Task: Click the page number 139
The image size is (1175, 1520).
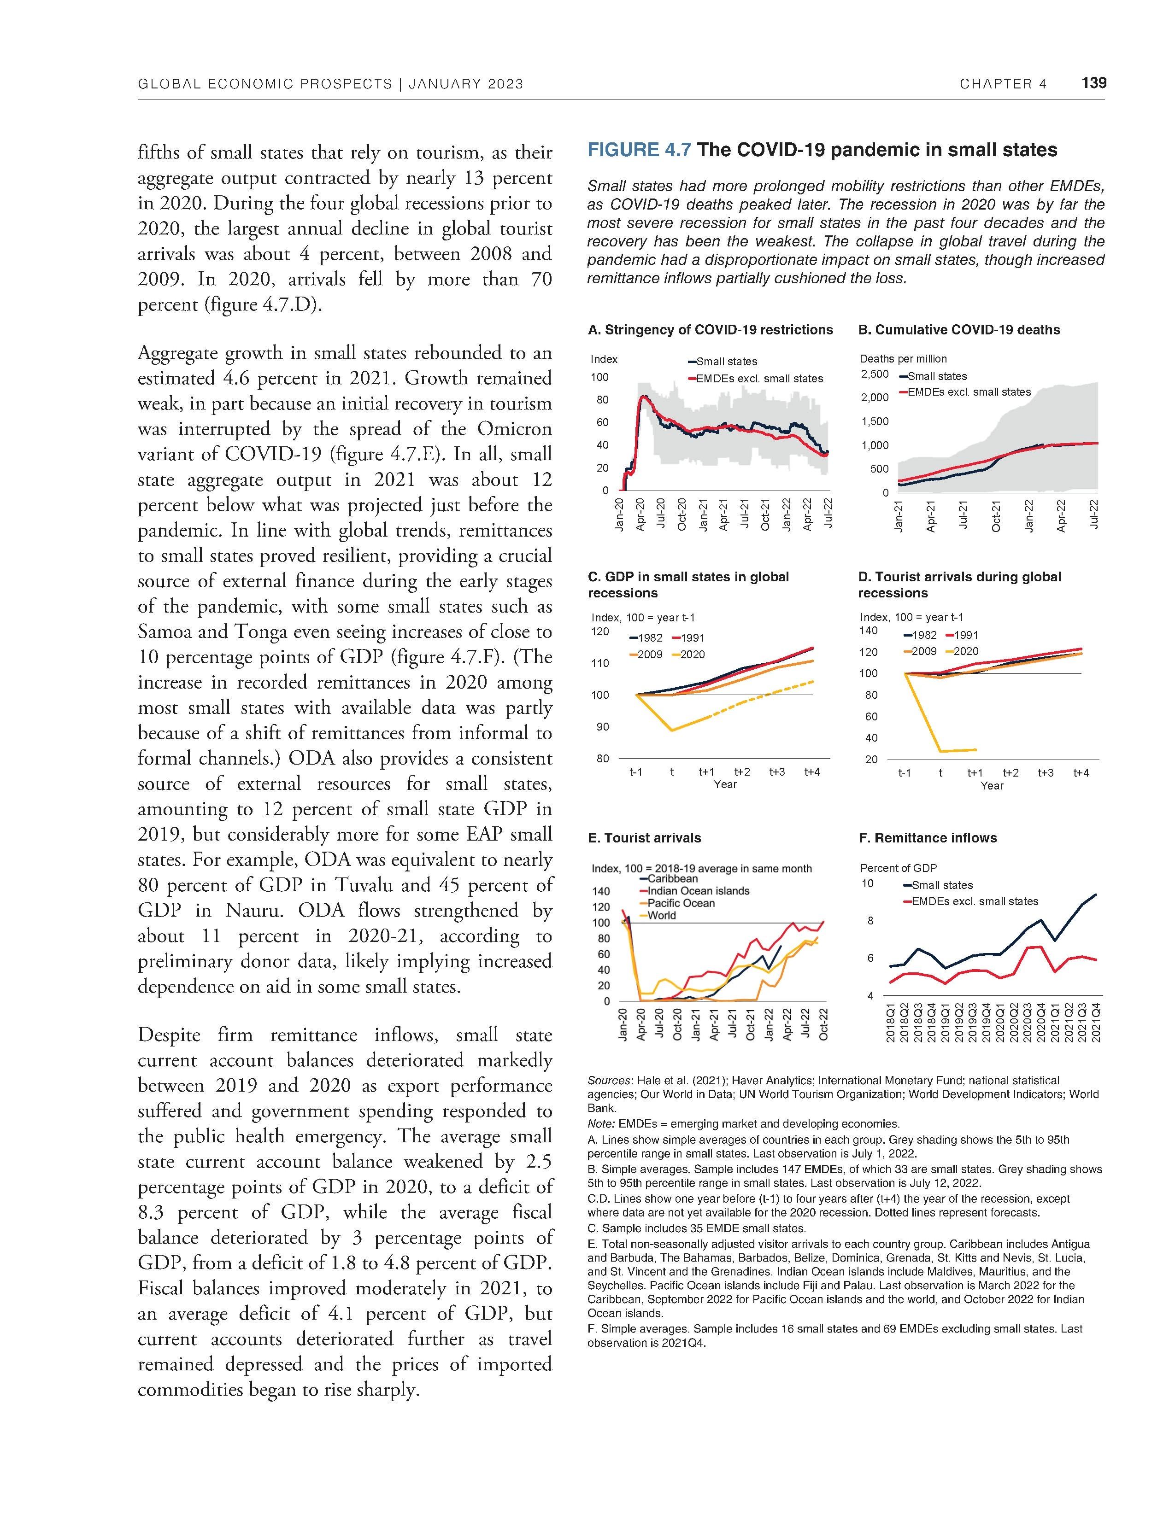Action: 1093,83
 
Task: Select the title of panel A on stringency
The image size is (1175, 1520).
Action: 710,330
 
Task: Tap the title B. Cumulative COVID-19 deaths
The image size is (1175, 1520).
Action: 958,330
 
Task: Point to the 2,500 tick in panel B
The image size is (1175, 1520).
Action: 875,374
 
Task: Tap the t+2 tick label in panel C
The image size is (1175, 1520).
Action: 742,772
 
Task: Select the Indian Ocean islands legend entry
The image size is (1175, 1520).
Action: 698,891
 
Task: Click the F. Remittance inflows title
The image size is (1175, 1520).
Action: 928,838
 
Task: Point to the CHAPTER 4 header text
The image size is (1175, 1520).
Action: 1002,84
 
